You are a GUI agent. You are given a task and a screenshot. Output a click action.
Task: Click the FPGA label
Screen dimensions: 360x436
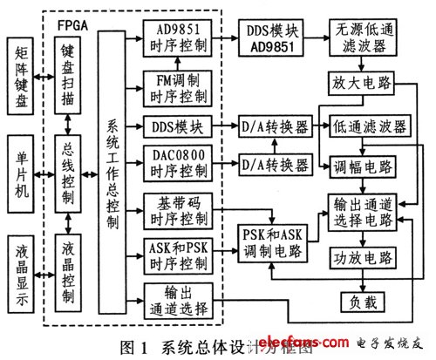click(x=72, y=16)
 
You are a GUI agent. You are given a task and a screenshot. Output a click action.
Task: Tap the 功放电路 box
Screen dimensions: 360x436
click(x=363, y=258)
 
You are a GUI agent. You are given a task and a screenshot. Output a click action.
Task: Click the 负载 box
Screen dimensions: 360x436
click(x=363, y=302)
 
